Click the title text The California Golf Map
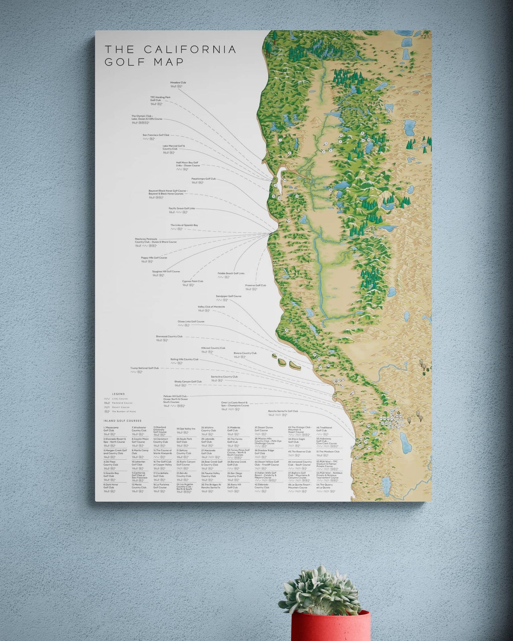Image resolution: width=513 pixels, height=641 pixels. tap(170, 55)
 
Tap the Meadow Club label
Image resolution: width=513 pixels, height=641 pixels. tap(178, 83)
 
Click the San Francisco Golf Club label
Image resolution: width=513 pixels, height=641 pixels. tap(156, 135)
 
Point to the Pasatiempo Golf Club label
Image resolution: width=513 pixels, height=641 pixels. tap(203, 179)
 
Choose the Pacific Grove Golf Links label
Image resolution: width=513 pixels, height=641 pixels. tap(182, 208)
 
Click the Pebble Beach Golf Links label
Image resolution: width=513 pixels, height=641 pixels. tap(231, 273)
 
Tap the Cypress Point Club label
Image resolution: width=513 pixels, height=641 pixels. tap(192, 281)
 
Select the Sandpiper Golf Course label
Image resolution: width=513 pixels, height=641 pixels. tap(228, 296)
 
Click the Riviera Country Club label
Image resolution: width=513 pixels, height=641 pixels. tap(245, 353)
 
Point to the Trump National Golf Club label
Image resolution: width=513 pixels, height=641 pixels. tap(144, 368)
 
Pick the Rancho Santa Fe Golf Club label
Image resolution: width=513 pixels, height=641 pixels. tap(283, 411)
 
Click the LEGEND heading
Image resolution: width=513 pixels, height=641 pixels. tap(118, 394)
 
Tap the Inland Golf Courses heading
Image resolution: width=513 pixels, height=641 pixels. tap(122, 421)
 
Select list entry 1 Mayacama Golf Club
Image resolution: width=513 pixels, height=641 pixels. tap(111, 429)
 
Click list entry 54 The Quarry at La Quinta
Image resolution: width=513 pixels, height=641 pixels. tap(324, 486)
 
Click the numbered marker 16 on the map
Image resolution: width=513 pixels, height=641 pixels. tap(331, 190)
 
